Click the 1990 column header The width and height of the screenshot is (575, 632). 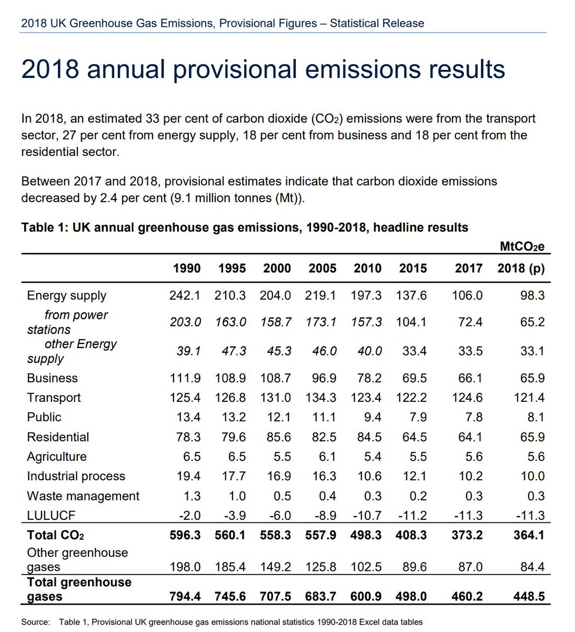pos(187,269)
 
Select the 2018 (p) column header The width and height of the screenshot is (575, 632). pos(521,269)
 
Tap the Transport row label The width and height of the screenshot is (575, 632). pos(54,398)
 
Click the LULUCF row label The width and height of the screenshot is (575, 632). pos(51,516)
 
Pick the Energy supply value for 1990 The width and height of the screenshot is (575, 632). pos(185,295)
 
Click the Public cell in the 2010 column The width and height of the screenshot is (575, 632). pos(372,417)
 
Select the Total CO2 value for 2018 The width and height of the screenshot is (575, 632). pos(529,535)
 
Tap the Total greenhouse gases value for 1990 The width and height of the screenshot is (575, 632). pos(185,597)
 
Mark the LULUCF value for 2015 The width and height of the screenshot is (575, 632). pos(412,516)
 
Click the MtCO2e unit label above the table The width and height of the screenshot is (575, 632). pos(522,246)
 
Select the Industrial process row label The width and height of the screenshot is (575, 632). pos(76,476)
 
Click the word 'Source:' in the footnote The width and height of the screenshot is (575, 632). pos(35,622)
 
